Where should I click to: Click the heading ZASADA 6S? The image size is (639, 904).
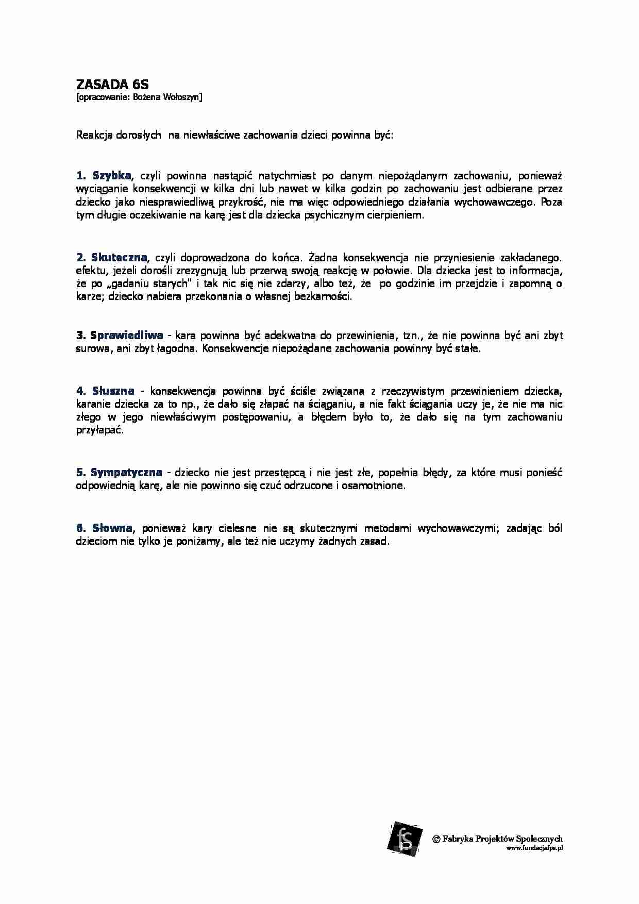[112, 84]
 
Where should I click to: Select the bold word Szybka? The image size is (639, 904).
[111, 175]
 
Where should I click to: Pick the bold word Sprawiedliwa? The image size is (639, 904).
[126, 336]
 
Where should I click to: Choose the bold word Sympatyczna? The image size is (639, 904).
[126, 472]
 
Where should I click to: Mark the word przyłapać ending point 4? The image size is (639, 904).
[100, 430]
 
